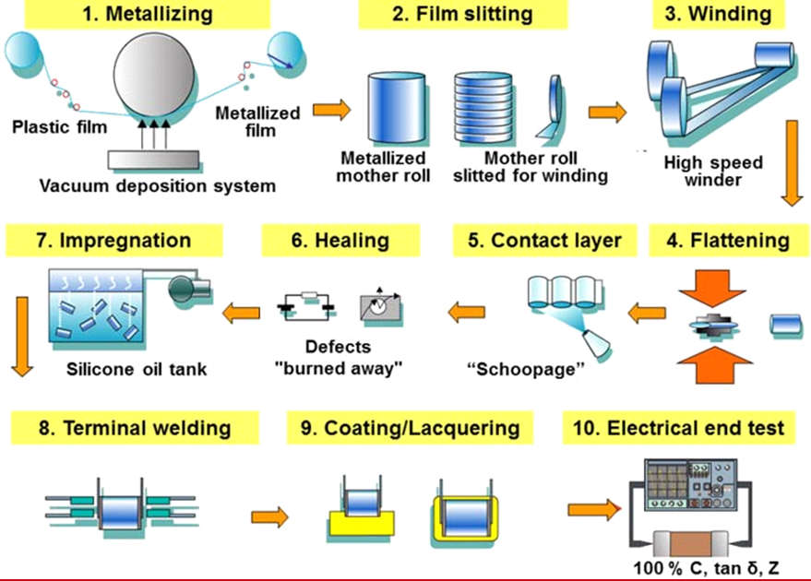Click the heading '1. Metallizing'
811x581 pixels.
[x=148, y=14]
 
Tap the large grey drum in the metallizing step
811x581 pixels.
[x=154, y=76]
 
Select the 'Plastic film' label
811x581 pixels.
[x=59, y=127]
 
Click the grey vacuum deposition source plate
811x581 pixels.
[x=153, y=160]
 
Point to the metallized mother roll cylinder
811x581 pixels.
[x=396, y=108]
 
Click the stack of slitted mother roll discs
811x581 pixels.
[x=483, y=108]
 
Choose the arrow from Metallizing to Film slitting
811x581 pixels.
[x=331, y=110]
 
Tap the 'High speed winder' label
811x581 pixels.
[x=713, y=172]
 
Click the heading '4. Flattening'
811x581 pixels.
[x=728, y=241]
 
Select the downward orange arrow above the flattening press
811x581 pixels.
[x=712, y=288]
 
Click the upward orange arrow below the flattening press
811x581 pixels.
[x=715, y=365]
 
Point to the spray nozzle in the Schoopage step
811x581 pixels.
[x=596, y=343]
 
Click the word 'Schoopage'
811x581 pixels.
[x=526, y=370]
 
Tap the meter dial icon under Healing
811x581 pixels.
[x=380, y=306]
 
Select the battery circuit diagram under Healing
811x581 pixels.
[x=306, y=306]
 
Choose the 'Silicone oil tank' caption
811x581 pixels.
[x=137, y=369]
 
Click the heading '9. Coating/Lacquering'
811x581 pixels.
[x=411, y=428]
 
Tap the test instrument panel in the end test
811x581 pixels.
[x=690, y=485]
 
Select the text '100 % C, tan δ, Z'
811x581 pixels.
[x=706, y=568]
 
